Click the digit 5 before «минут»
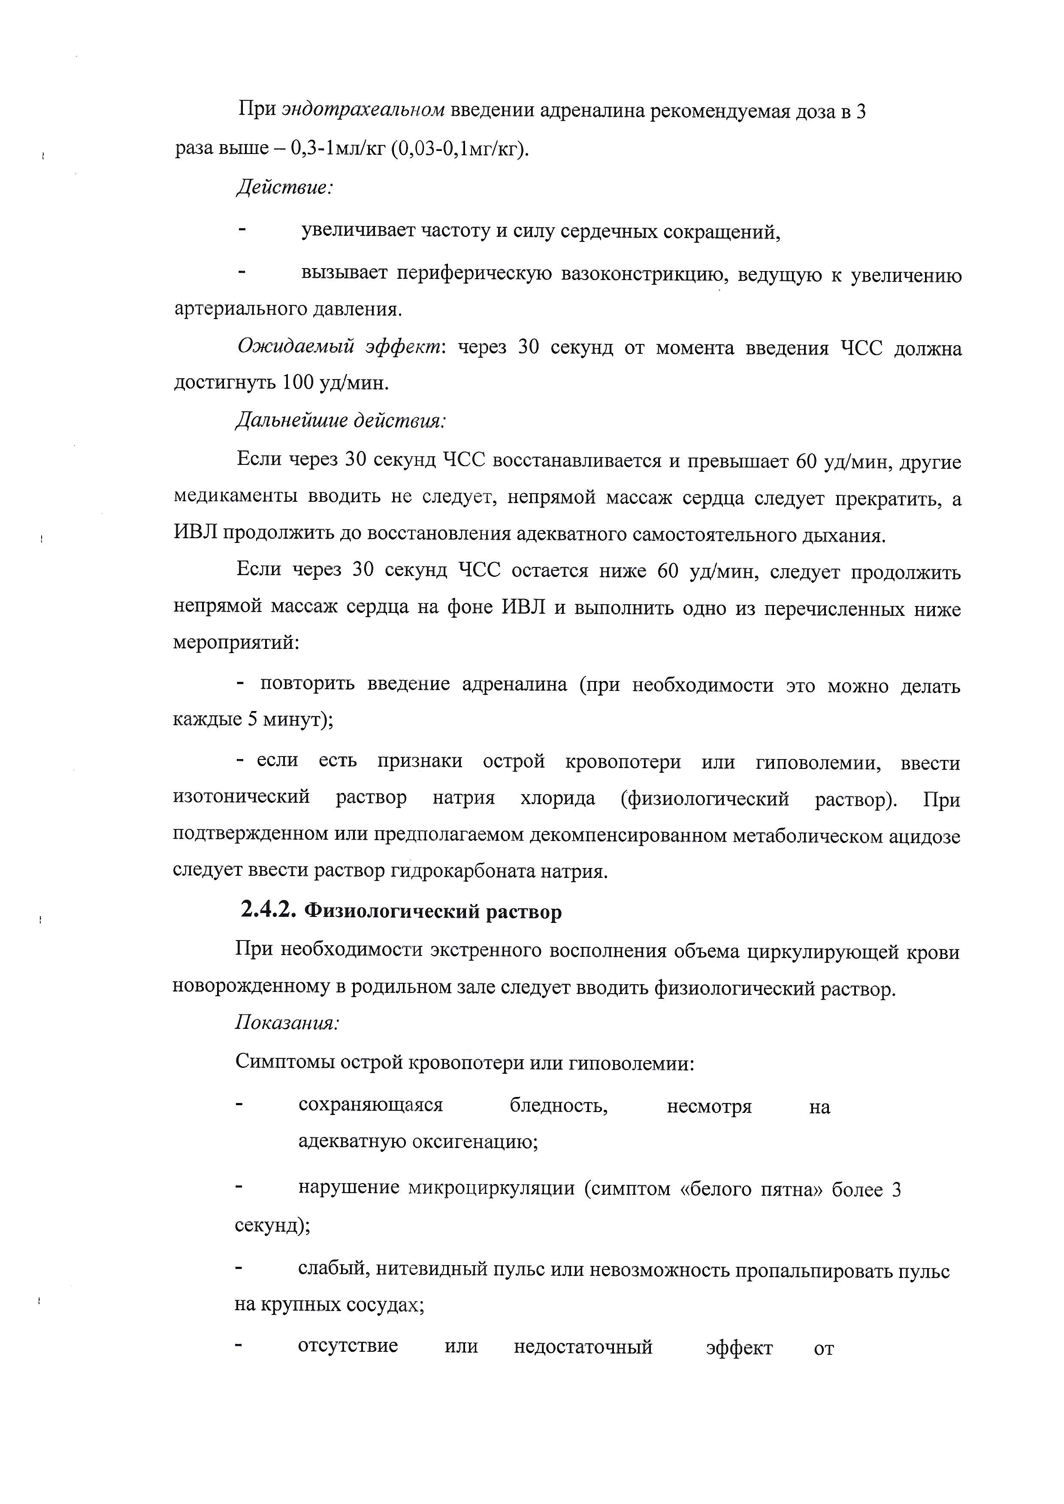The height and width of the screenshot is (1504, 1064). pyautogui.click(x=252, y=720)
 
